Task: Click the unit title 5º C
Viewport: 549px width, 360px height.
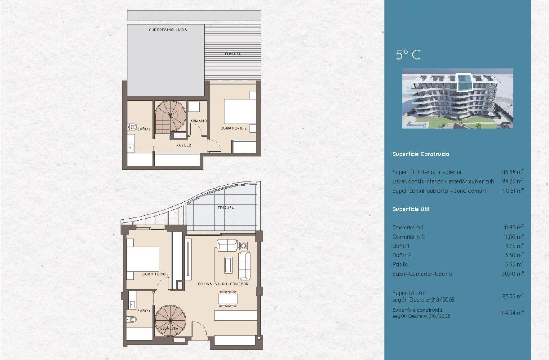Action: [408, 55]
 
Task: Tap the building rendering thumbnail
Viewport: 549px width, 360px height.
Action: [458, 98]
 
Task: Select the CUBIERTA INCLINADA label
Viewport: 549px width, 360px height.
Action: [168, 30]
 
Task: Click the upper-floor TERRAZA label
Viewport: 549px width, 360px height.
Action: [233, 54]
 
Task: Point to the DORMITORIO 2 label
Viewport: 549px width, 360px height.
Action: [233, 128]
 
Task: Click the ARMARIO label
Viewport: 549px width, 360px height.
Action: [199, 121]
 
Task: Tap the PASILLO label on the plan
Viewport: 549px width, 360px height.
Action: [184, 145]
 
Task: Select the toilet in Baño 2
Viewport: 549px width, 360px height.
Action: [132, 127]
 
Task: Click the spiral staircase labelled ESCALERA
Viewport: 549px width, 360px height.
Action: [170, 320]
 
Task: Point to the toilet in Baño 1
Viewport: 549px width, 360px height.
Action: [132, 319]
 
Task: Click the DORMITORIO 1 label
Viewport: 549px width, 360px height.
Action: [155, 274]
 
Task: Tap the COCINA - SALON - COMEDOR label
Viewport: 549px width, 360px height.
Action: [223, 284]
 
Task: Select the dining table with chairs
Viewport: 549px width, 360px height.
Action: [228, 299]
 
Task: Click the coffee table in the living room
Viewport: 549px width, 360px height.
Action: [228, 265]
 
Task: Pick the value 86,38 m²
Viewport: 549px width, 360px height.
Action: [513, 172]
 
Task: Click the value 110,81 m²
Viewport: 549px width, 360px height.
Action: [513, 191]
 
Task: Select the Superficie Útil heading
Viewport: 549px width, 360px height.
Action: [411, 209]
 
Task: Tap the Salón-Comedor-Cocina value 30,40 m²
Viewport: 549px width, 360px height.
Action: [513, 274]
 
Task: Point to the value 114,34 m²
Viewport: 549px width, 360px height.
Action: [513, 312]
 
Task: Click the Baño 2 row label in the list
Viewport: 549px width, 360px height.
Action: [402, 255]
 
